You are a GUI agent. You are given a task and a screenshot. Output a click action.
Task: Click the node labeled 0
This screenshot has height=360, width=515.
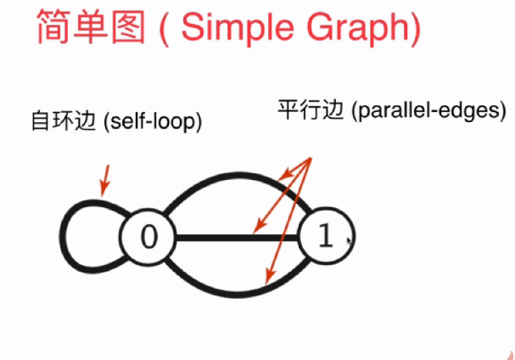coord(148,237)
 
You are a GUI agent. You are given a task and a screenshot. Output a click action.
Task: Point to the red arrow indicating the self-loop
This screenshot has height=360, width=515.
coord(105,178)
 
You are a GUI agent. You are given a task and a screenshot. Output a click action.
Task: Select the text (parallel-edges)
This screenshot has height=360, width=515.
coord(416,110)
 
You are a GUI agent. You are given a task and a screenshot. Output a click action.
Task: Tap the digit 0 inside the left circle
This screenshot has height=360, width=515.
coord(148,237)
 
